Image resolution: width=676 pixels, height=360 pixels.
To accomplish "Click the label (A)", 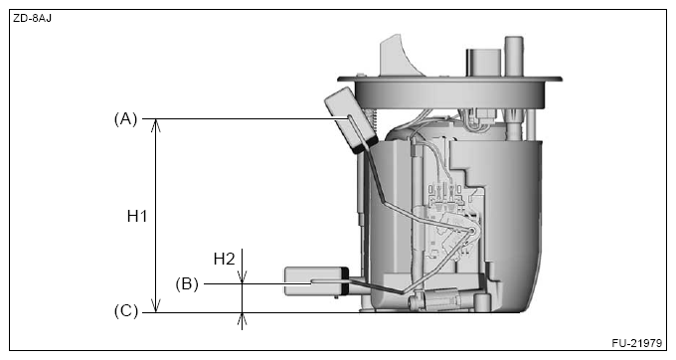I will (x=125, y=119).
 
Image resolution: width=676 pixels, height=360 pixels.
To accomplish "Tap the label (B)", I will (x=186, y=283).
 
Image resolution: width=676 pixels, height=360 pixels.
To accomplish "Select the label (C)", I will (x=125, y=312).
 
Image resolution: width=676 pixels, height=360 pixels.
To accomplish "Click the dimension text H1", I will (x=137, y=215).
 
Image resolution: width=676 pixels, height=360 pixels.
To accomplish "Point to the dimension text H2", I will (x=225, y=259).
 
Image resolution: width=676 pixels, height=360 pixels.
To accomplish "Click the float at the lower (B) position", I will (x=315, y=281).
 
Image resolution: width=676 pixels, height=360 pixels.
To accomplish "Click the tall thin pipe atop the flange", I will (x=514, y=55).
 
